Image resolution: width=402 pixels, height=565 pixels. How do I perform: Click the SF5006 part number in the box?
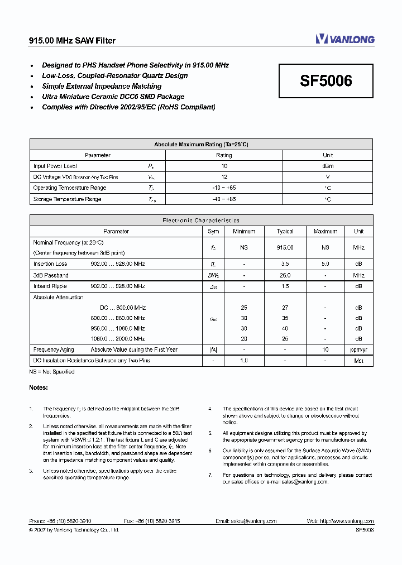[326, 81]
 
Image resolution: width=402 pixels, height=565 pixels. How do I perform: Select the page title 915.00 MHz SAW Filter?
[72, 41]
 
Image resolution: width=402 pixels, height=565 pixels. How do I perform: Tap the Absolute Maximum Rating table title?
[201, 144]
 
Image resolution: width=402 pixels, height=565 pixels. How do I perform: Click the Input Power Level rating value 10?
[224, 166]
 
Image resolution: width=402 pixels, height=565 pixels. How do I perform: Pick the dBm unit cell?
[328, 166]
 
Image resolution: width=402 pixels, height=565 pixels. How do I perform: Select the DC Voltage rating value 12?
[224, 177]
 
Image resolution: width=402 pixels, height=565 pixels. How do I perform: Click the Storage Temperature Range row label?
[67, 199]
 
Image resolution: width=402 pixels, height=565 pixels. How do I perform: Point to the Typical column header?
[285, 231]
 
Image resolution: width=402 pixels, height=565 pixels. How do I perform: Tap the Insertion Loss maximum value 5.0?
[325, 264]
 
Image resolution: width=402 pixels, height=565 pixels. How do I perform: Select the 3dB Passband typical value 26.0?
[285, 275]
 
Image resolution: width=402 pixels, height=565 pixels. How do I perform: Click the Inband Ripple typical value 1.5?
[285, 286]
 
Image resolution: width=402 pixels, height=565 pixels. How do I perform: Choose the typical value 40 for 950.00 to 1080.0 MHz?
[285, 328]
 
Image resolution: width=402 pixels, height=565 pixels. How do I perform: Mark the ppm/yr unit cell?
[358, 349]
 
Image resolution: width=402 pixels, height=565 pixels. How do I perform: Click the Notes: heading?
[39, 387]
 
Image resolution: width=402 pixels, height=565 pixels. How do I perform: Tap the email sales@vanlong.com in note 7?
[304, 481]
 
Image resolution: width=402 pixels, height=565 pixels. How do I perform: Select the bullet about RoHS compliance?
[128, 107]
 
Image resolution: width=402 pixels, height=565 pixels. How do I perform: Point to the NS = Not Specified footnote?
[52, 371]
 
